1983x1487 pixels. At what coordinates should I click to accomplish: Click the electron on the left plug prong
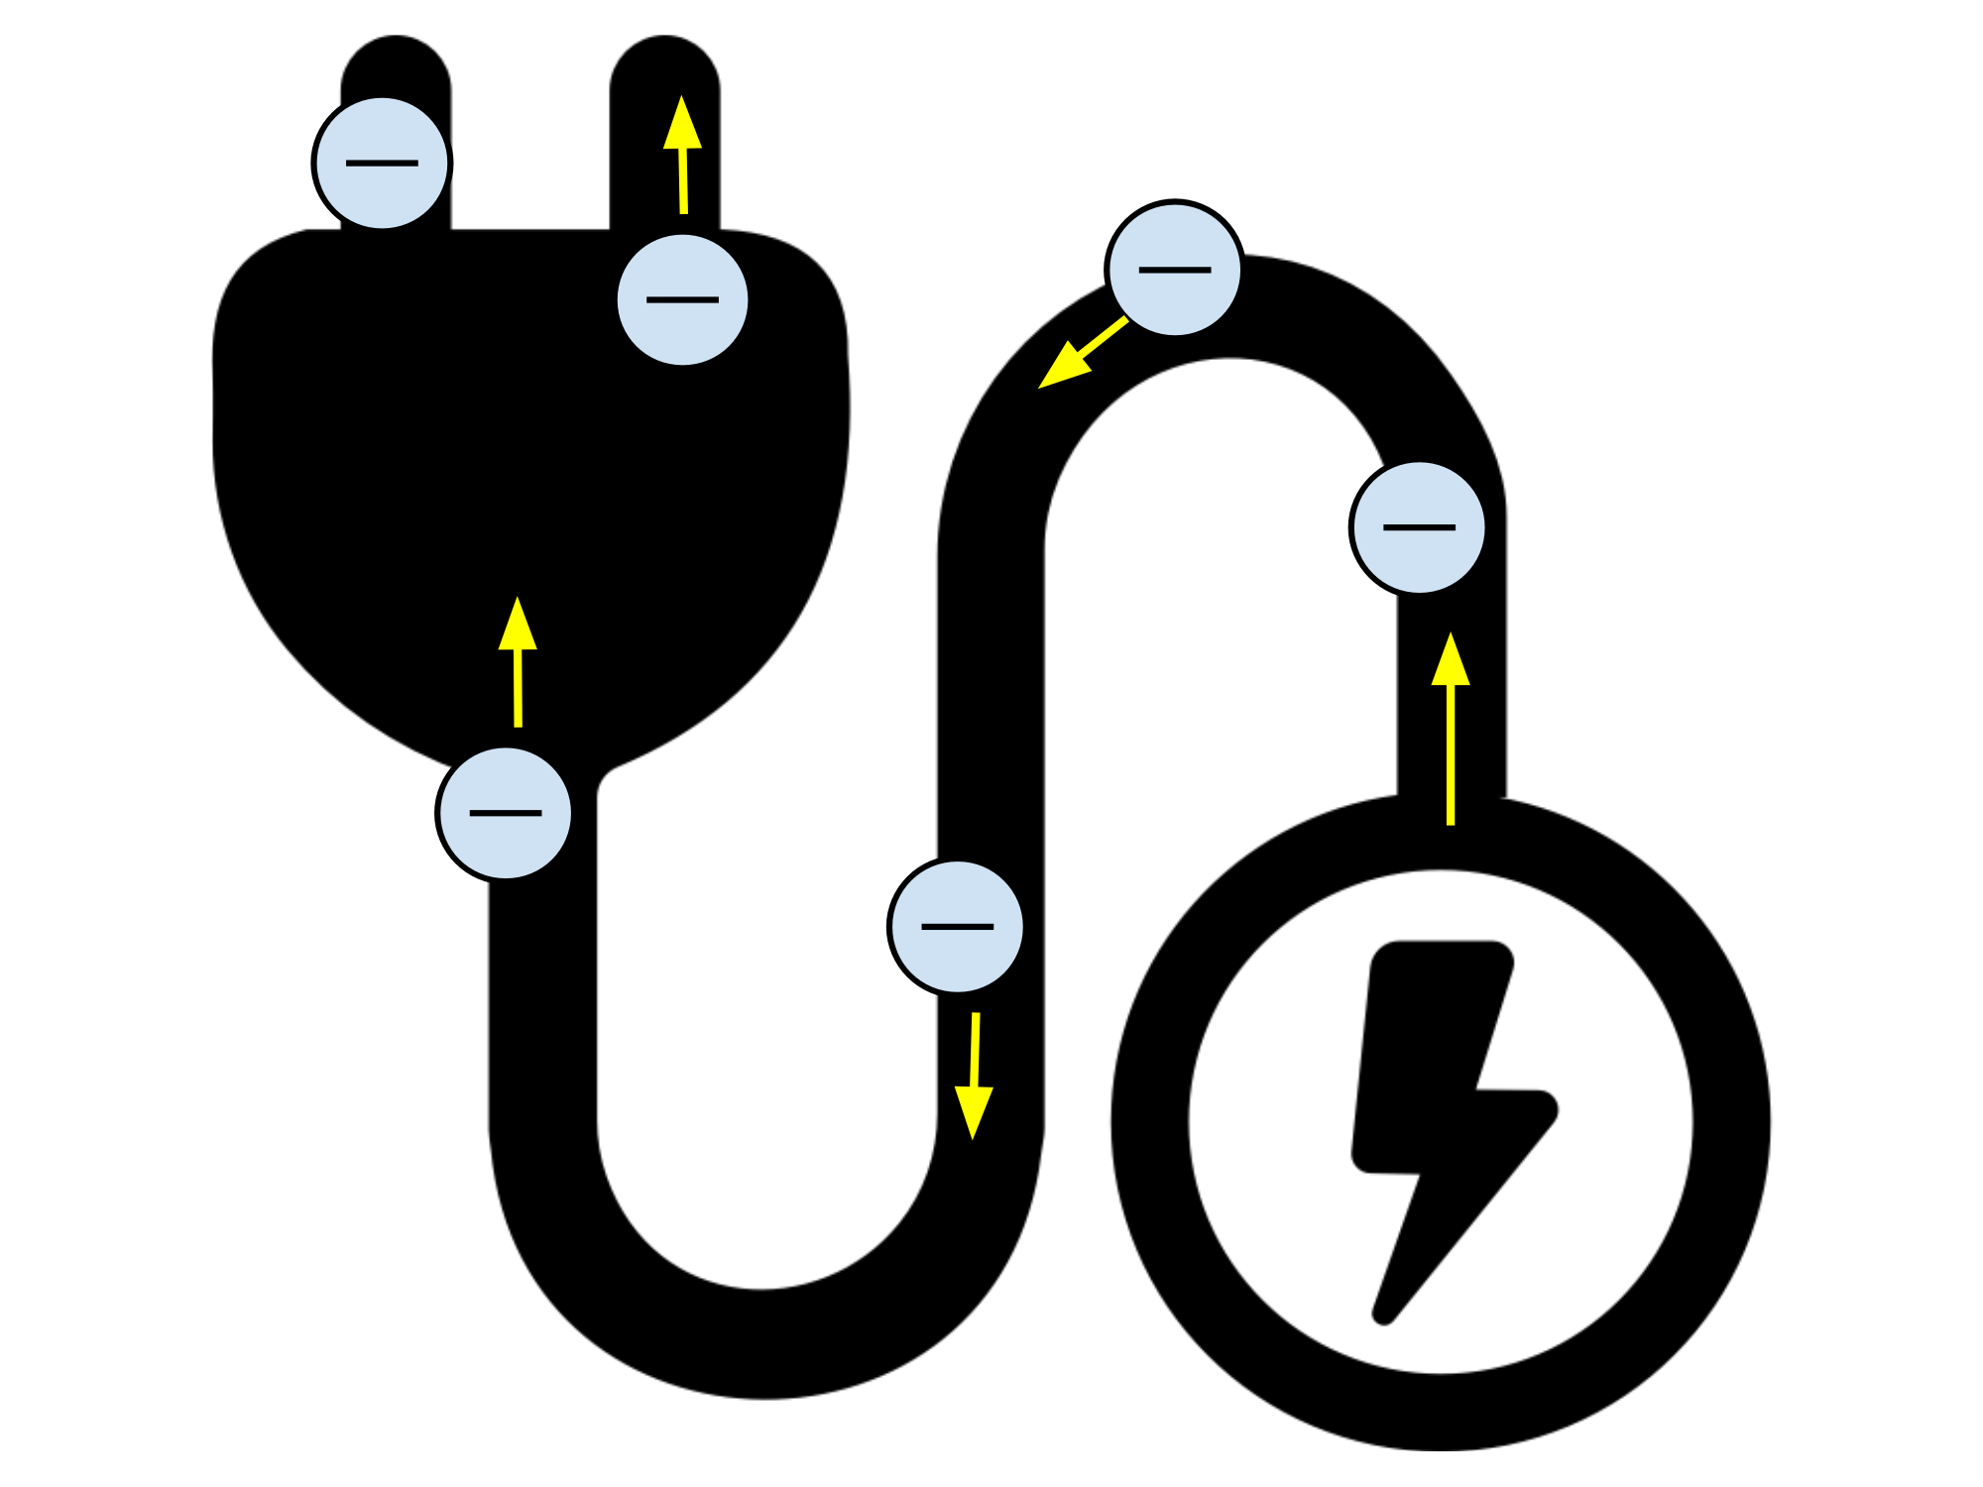pyautogui.click(x=382, y=163)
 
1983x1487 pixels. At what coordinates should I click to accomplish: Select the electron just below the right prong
pyautogui.click(x=682, y=299)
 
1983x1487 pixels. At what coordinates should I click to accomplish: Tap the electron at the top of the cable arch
pyautogui.click(x=1175, y=269)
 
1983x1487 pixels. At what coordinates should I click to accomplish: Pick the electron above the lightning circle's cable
pyautogui.click(x=1419, y=527)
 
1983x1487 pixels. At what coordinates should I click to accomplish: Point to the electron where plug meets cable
pyautogui.click(x=505, y=813)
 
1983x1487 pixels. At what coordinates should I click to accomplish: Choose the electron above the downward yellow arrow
pyautogui.click(x=957, y=926)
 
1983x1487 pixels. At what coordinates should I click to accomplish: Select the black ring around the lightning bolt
pyautogui.click(x=1150, y=1120)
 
